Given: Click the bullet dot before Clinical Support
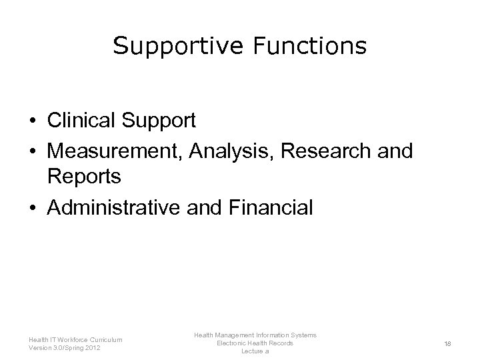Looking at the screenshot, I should point(31,121).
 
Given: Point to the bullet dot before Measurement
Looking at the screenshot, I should point(31,150).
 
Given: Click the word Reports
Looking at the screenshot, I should point(84,178).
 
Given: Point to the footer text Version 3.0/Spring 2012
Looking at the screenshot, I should point(66,347).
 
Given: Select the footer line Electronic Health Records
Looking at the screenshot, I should point(255,343).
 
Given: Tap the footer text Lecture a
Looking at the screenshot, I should point(255,351).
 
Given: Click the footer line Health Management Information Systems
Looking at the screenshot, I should point(255,335).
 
